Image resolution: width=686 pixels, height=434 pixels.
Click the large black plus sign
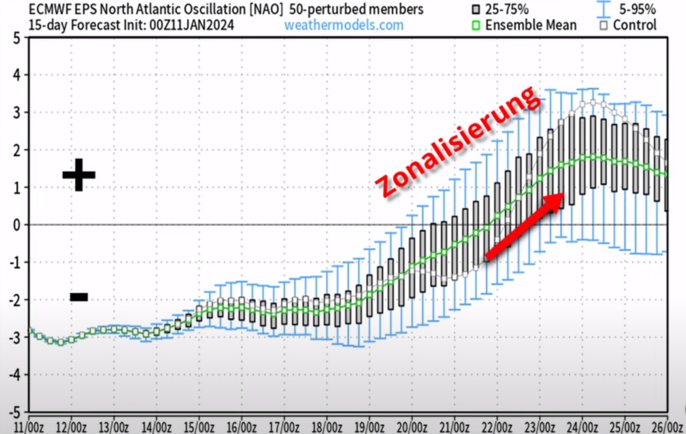point(79,174)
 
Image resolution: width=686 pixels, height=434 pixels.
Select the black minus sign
point(79,296)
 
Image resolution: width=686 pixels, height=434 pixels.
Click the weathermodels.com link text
point(344,25)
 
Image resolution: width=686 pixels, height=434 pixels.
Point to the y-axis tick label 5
point(15,38)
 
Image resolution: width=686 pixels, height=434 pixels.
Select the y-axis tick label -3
point(12,337)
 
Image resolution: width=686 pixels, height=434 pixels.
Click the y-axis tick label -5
point(12,411)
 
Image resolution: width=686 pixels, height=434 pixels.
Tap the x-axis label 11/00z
point(28,426)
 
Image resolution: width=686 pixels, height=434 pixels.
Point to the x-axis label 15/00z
point(198,426)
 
